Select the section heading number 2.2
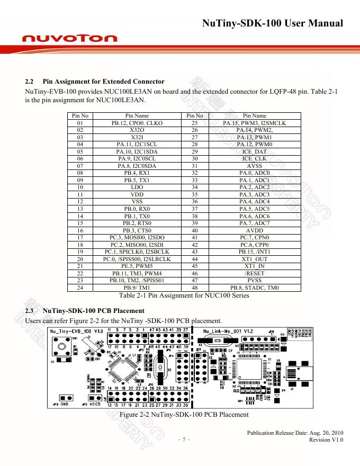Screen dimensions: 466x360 click(30, 82)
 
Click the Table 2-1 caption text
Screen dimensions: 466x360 click(184, 295)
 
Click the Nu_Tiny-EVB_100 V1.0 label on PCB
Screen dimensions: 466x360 click(76, 331)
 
